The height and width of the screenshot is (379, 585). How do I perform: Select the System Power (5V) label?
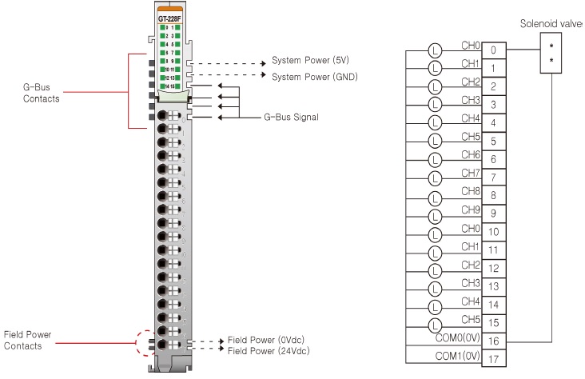coord(316,61)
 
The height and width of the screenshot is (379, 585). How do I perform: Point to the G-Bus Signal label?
coord(291,117)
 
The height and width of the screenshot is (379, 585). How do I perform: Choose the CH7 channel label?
coord(471,173)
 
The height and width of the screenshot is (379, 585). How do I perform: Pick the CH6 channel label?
coord(471,154)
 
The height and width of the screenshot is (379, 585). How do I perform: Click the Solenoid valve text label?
coord(551,24)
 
